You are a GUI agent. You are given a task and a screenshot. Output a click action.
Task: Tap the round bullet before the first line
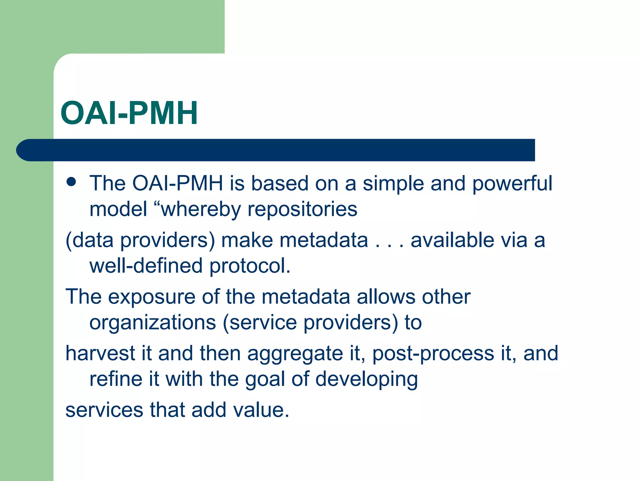(71, 182)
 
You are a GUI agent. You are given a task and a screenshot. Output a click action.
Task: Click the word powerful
(512, 184)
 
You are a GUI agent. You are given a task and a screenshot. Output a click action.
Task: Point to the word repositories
(302, 209)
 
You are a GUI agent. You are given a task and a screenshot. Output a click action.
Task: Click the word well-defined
(146, 266)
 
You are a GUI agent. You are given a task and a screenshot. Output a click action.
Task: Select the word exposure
(151, 297)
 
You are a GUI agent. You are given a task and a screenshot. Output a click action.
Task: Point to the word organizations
(153, 323)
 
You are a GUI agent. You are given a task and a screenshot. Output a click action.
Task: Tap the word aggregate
(295, 354)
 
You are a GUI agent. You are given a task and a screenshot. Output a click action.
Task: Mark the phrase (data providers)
(140, 240)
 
